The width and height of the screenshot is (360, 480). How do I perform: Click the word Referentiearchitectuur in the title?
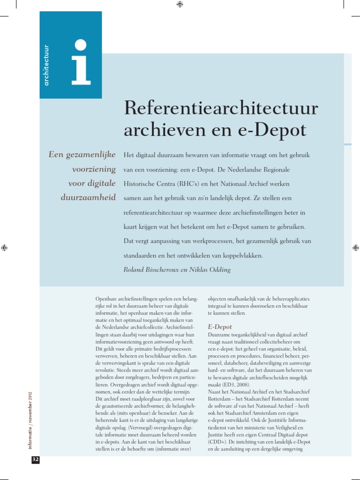tap(221, 109)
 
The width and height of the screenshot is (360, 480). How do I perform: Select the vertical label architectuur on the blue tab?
tap(46, 66)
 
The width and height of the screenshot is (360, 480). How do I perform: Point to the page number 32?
tap(35, 460)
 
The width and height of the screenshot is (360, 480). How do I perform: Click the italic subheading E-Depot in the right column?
tap(219, 326)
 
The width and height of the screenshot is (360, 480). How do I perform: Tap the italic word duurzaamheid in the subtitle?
tap(88, 197)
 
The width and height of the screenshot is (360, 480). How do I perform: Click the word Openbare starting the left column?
tap(105, 299)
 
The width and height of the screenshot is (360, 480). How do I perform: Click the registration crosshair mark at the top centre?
tap(180, 4)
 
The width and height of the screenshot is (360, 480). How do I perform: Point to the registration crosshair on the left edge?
tap(4, 247)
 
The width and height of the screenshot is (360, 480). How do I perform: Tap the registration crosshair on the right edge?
tap(355, 247)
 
